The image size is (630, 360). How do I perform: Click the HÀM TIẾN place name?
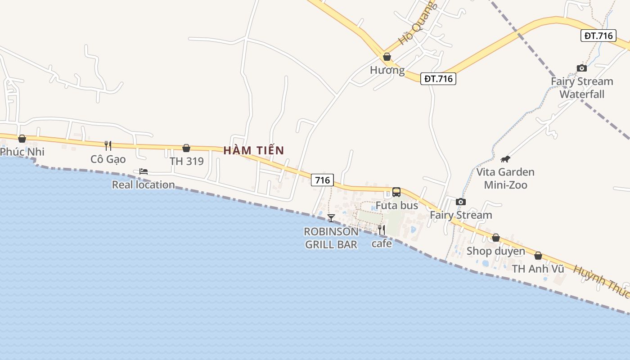[254, 150]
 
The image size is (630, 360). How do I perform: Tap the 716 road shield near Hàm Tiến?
[322, 180]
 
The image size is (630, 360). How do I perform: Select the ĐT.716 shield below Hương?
[439, 79]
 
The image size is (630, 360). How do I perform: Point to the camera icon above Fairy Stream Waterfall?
[582, 68]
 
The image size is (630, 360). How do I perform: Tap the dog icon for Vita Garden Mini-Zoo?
[505, 159]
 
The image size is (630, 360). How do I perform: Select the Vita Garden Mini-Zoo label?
[505, 178]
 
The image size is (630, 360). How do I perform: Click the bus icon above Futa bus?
[396, 192]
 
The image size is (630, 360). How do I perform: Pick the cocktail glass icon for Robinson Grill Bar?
[331, 218]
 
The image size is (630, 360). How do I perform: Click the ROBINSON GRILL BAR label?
[331, 238]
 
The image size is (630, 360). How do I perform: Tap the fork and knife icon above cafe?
[382, 230]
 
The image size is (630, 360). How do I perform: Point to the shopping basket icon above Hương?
[387, 57]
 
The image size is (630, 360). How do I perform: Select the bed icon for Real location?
[144, 171]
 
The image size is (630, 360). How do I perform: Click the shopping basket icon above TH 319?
[186, 148]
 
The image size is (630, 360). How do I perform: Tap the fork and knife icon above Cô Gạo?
[108, 145]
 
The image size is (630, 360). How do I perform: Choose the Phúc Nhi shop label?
[22, 152]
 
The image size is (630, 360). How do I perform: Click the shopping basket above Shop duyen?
[496, 238]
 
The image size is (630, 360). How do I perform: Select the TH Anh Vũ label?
[538, 269]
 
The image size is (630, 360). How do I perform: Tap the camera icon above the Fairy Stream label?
[460, 202]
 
